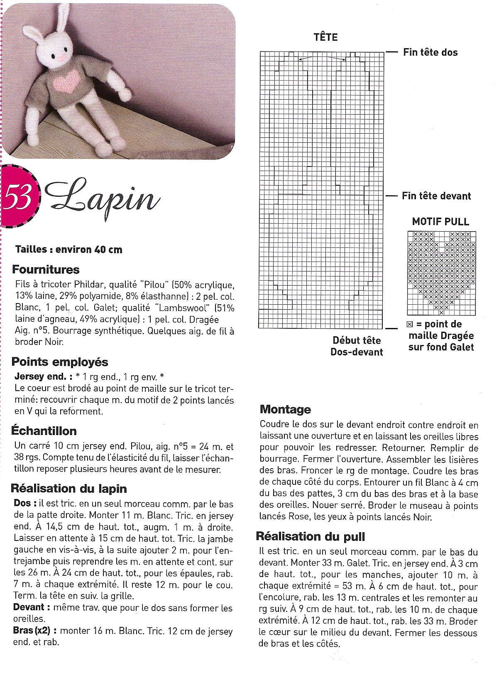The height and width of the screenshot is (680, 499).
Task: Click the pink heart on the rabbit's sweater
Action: (65, 81)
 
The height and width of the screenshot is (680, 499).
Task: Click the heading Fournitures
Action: (46, 269)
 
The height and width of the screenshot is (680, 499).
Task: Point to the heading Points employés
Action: (60, 362)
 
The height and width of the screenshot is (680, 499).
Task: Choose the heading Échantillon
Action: (44, 431)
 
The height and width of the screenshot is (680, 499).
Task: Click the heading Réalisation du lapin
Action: (69, 488)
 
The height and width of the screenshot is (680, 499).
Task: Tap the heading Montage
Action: (285, 409)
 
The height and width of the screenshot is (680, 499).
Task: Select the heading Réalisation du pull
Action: (311, 536)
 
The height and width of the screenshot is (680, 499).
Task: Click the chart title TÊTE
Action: (326, 37)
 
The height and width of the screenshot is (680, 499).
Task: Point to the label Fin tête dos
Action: (430, 52)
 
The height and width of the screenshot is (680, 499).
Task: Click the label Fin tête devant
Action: (436, 196)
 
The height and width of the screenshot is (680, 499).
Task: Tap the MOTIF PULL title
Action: (440, 221)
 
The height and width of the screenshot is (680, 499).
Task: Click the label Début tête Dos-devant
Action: (357, 346)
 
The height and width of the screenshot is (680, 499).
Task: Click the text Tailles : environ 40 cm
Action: (68, 249)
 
